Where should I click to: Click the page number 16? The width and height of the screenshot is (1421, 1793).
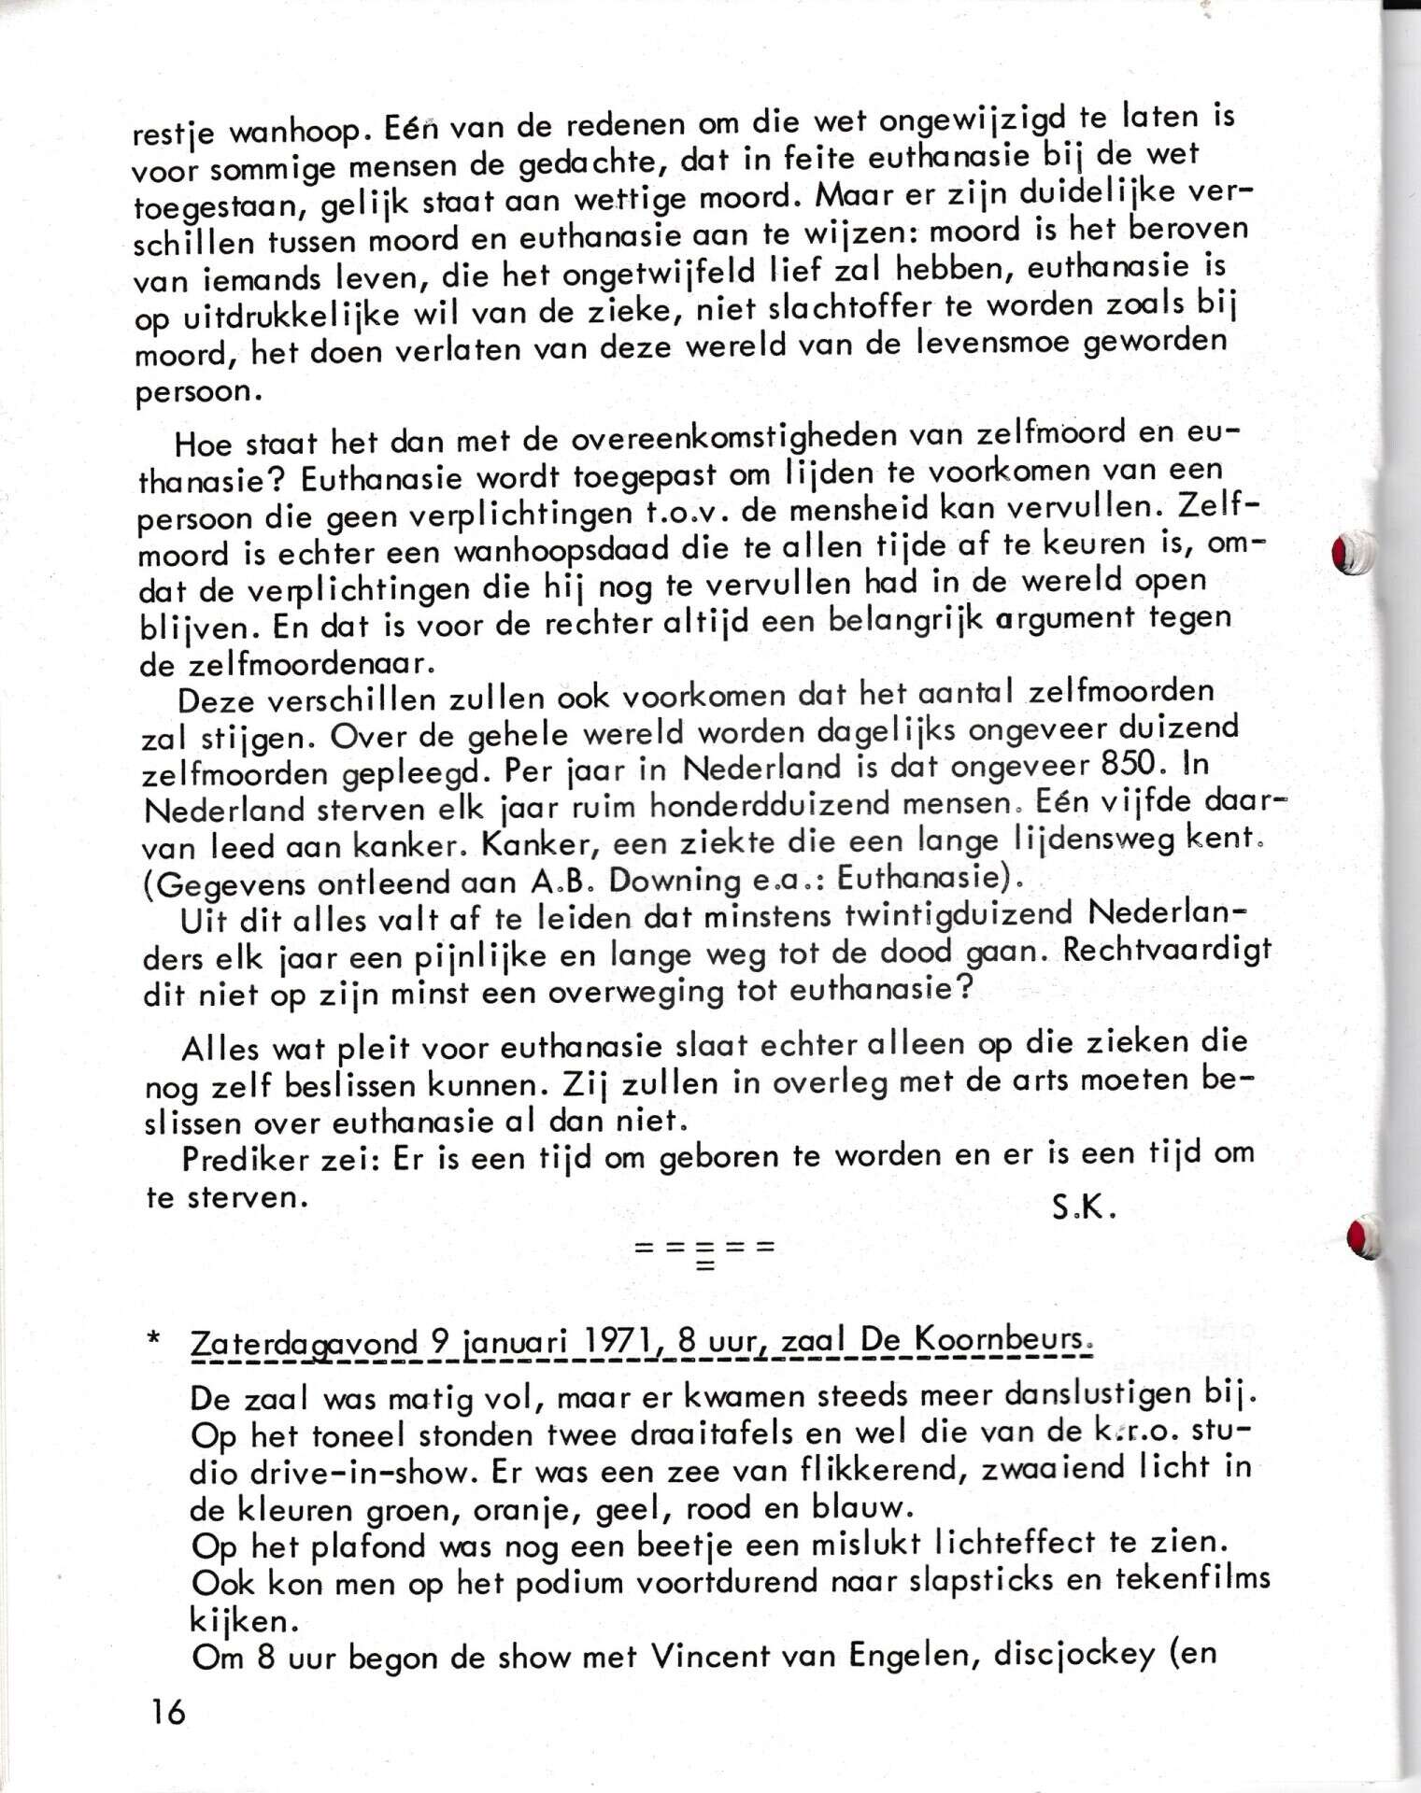(166, 1712)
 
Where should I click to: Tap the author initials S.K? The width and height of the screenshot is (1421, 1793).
(1084, 1208)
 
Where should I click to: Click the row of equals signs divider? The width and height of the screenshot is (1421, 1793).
(704, 1249)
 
